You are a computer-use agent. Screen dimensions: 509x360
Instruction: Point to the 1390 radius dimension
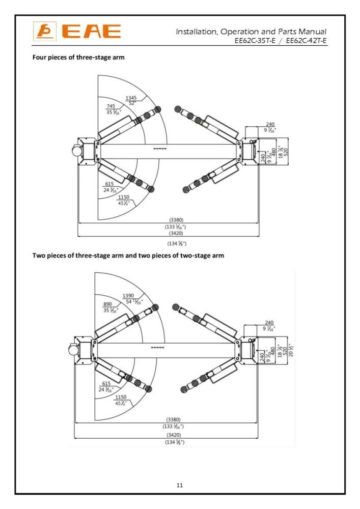(x=130, y=296)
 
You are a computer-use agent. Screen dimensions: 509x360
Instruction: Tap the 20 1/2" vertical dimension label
(x=292, y=351)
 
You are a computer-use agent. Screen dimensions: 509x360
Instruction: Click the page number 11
(x=179, y=485)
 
